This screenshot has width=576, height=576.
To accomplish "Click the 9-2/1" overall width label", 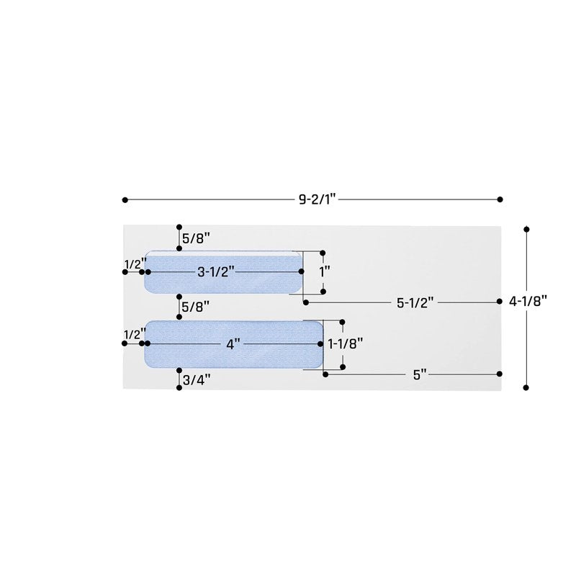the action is point(318,199).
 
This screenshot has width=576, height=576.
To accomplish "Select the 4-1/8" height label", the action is point(528,302).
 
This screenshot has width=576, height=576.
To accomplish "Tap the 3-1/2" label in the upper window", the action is point(216,272).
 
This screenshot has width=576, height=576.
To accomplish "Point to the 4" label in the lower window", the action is point(233,345).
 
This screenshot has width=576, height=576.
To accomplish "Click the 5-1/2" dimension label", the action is point(415,303).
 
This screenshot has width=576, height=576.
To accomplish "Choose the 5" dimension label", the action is point(420,375).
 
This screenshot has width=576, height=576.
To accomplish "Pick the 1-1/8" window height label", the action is point(346,344).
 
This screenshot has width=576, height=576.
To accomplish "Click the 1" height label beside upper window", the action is point(325,272).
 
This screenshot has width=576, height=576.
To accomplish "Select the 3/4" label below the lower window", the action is point(197,380).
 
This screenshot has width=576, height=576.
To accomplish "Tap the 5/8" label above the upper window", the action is point(196,239).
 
